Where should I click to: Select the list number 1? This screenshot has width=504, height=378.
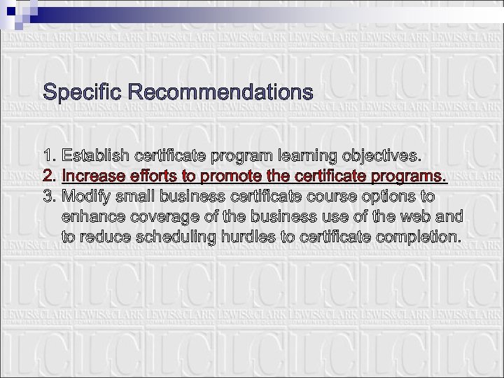(x=48, y=154)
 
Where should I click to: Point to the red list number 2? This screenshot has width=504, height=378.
(x=49, y=174)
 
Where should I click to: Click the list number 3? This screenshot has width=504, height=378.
(x=49, y=195)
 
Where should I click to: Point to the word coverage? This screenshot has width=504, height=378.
(x=159, y=216)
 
